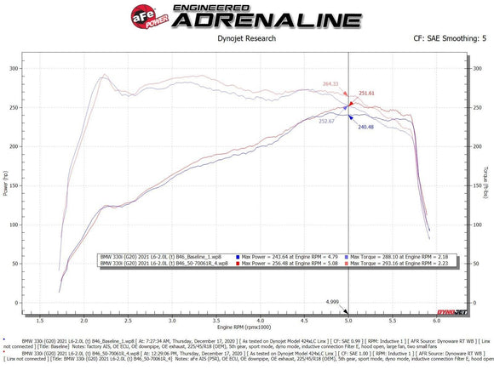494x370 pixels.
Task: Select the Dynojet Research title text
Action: (244, 38)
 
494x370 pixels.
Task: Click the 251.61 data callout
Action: (366, 93)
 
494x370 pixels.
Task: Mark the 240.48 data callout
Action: (366, 127)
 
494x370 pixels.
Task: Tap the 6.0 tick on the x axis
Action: (437, 320)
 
